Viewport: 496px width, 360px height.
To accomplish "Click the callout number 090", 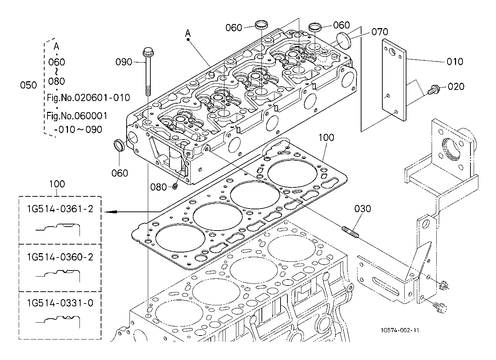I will pos(124,62).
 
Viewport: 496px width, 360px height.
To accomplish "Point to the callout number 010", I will pos(455,61).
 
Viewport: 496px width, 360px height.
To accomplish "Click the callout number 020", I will pos(456,87).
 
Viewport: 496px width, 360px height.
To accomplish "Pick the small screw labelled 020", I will pos(433,89).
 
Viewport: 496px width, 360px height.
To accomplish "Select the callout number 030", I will pos(363,209).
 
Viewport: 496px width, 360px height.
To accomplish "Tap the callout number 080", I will pos(159,187).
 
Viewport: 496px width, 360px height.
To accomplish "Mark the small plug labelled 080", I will pos(175,186).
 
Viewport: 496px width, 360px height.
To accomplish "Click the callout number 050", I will pos(28,85).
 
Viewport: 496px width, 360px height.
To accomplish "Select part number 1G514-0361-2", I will pos(60,209).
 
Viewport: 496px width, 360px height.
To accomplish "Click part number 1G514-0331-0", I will pos(60,303).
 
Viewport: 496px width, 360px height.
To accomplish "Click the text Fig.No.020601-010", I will pos(88,97).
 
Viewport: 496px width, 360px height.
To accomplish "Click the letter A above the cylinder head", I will pos(188,33).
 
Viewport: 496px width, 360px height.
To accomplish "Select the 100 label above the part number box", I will pos(57,184).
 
